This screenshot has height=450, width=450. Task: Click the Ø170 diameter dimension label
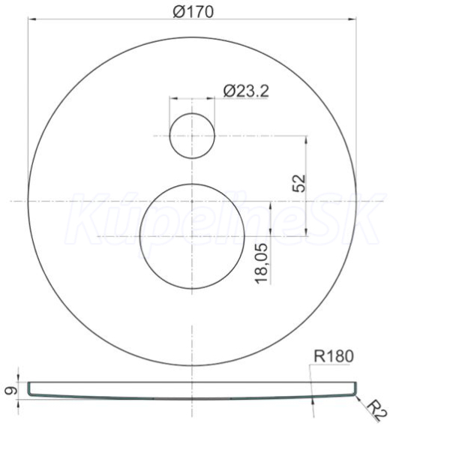(x=193, y=12)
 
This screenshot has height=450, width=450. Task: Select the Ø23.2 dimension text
(x=246, y=91)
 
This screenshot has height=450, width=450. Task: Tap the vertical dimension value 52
(x=298, y=183)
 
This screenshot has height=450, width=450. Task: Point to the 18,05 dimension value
(x=262, y=263)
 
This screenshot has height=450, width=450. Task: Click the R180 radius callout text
(x=334, y=356)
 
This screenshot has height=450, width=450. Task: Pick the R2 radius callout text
(x=377, y=410)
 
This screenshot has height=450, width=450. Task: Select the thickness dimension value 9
(x=11, y=390)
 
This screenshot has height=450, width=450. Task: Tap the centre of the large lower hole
(x=192, y=236)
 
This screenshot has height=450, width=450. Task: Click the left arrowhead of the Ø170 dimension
(x=32, y=19)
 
